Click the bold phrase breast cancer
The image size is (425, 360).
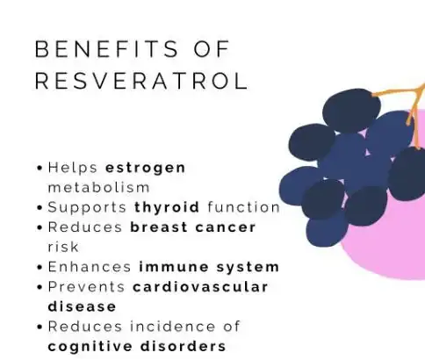pos(192,227)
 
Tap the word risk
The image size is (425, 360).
pos(62,247)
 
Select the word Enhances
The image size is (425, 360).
pos(87,267)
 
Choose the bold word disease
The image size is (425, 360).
pos(82,306)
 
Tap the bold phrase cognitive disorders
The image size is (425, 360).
pos(136,346)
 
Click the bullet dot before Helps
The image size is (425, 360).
pos(40,168)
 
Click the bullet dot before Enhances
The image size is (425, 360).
pos(40,268)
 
